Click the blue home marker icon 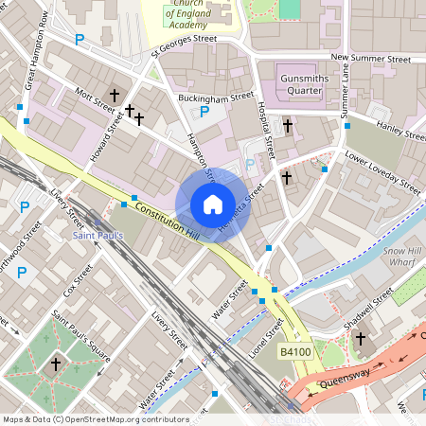pyautogui.click(x=213, y=204)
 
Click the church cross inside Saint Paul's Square pyautogui.click(x=55, y=364)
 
